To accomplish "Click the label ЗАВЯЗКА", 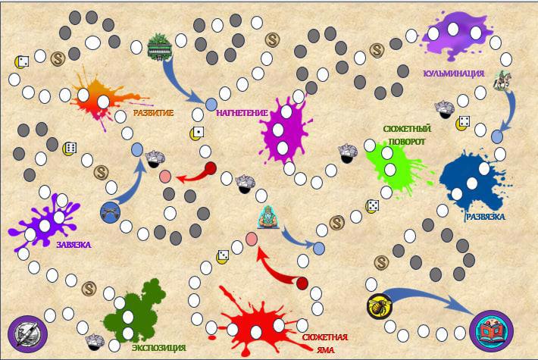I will click(73, 245).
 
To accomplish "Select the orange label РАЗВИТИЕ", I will click(153, 113).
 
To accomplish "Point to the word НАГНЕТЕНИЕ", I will click(242, 113).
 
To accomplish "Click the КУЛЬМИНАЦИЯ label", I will click(453, 74).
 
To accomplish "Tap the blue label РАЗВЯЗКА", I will click(486, 216).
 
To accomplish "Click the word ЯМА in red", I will click(324, 350).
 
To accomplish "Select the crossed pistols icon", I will click(111, 212).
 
